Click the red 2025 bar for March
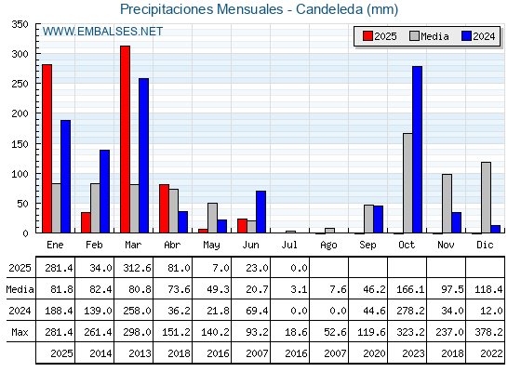125,139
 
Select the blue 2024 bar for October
418,150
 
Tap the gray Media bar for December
486,197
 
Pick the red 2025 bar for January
47,149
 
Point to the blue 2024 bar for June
260,212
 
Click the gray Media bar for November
447,204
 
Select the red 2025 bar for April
164,208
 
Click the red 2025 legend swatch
367,36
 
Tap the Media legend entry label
434,36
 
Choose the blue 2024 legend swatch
466,36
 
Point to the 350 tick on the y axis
37,24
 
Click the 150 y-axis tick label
20,144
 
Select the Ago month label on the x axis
328,246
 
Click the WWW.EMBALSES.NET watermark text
102,32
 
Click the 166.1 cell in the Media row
410,289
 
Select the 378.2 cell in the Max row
488,332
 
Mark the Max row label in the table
20,332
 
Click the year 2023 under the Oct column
413,353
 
